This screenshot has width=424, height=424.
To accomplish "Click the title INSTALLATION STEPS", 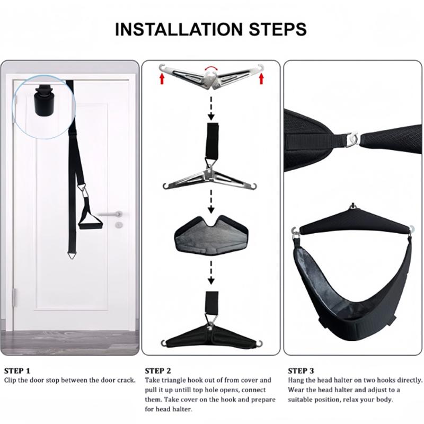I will click(211, 29).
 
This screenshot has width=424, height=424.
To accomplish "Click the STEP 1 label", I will click(17, 370).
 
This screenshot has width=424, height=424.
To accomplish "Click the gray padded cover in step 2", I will click(210, 234).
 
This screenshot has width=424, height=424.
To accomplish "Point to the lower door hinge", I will click(15, 297).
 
